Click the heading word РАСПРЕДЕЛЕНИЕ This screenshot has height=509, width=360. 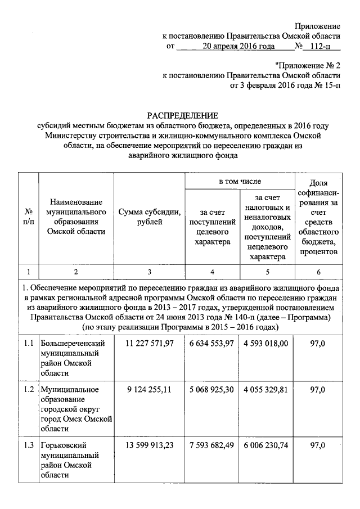tap(179, 115)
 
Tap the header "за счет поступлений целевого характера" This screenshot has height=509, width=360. tap(213, 227)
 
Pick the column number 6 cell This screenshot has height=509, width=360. tap(318, 272)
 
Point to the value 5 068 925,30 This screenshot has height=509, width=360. tap(213, 389)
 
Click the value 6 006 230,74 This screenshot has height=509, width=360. tap(267, 445)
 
